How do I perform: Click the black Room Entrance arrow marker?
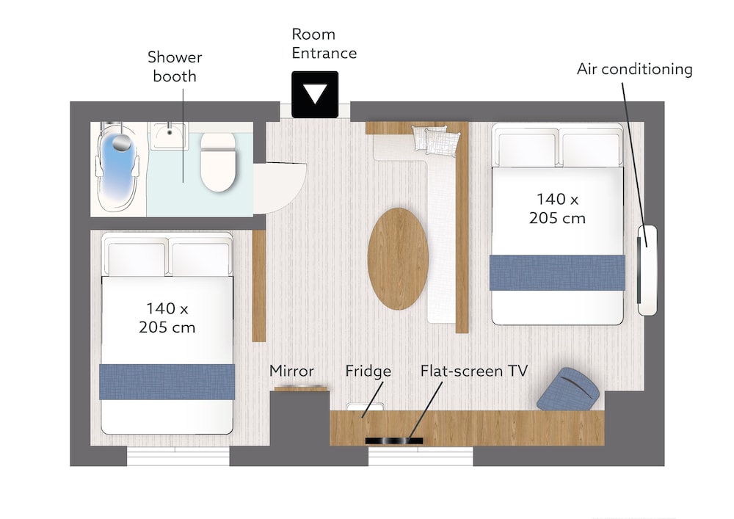click(x=315, y=94)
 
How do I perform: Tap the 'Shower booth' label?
click(x=175, y=67)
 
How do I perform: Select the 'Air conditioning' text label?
click(x=634, y=69)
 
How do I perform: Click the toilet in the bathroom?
click(x=218, y=161)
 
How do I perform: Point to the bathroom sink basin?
click(x=169, y=135)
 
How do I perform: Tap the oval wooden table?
click(x=397, y=258)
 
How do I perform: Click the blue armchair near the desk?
click(x=568, y=389)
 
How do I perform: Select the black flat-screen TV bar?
click(x=393, y=440)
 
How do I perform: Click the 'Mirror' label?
click(x=291, y=371)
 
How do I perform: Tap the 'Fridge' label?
click(x=368, y=371)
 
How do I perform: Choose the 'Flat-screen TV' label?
click(x=473, y=371)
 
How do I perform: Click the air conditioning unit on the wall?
click(x=647, y=270)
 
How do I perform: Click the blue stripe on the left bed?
click(x=167, y=382)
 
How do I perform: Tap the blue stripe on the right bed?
click(x=558, y=272)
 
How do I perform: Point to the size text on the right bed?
click(x=557, y=208)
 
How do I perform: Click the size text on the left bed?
click(x=167, y=318)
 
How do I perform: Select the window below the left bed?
click(x=178, y=457)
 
